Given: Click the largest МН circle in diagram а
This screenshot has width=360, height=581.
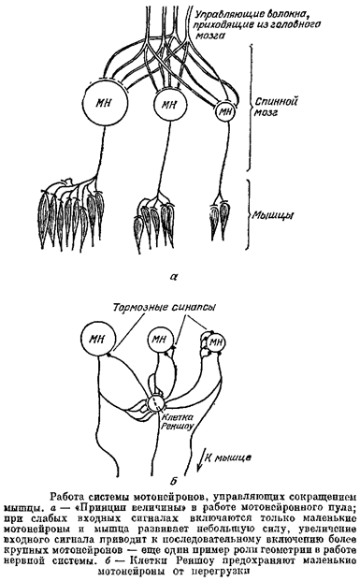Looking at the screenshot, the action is pos(105,102).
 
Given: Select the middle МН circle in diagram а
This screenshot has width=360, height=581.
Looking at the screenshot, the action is pos(169,106).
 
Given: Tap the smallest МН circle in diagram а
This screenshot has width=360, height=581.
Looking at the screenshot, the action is pos(225,110).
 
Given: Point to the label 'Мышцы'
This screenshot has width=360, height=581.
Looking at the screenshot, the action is pos(274,215).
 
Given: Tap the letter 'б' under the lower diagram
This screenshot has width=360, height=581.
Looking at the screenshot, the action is pos(173,481).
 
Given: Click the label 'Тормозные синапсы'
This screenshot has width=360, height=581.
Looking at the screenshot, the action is pos(165,308).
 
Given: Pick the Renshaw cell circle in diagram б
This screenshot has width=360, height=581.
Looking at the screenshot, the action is pos(155,403).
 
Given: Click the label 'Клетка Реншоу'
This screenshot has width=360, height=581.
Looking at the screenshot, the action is pos(178,421).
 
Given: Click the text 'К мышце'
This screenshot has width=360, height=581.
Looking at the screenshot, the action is pos(228,458).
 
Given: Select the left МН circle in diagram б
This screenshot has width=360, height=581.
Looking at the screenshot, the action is pos(97,339).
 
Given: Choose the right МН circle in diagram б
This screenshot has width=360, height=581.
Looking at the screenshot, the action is pos(215,342).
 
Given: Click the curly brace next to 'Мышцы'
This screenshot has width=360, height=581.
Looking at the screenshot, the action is pos(249,215).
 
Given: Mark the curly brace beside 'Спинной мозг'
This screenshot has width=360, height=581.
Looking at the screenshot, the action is pos(252,107).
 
